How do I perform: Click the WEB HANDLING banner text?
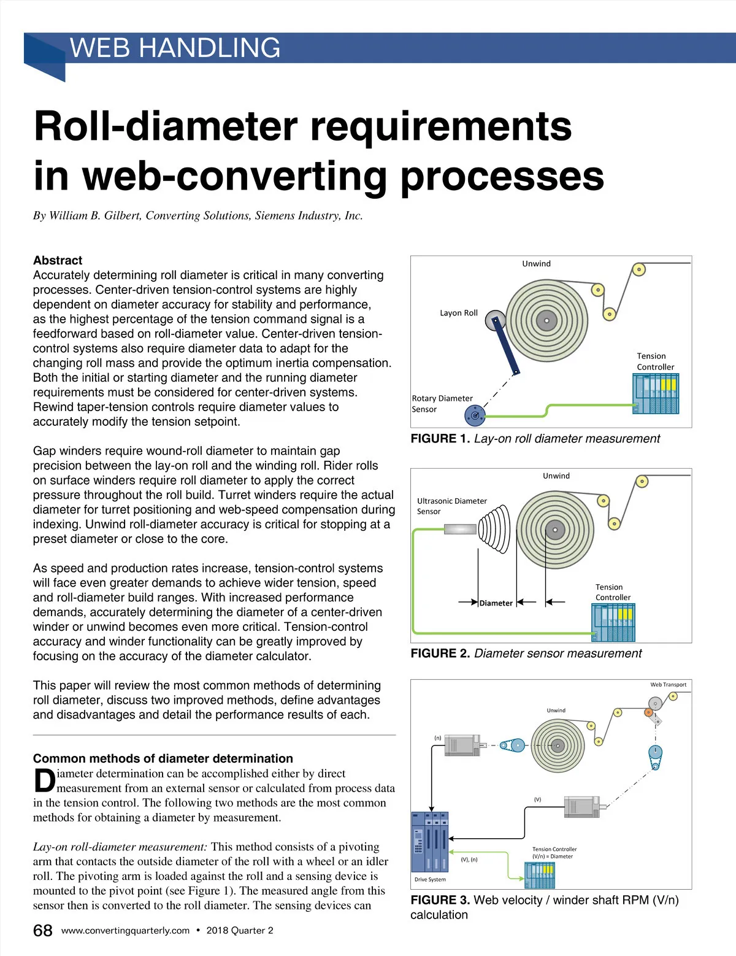pos(175,48)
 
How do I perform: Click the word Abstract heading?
pos(58,260)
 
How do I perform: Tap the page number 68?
pos(42,930)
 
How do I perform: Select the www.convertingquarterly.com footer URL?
pos(125,930)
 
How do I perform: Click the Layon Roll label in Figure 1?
pos(458,313)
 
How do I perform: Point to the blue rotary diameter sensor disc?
pos(475,416)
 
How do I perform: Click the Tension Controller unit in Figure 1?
pos(656,393)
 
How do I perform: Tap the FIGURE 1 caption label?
pos(440,439)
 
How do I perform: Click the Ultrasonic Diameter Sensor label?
pos(451,506)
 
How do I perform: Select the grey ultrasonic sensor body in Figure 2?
pos(460,529)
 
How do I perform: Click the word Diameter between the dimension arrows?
pos(496,603)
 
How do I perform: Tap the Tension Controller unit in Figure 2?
pos(613,622)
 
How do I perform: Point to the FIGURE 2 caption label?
pos(440,653)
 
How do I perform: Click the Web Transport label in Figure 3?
pos(668,685)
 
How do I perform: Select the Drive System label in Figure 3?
pos(430,879)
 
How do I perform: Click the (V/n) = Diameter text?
pos(552,857)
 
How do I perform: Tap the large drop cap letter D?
pos(44,781)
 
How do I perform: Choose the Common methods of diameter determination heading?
pos(163,758)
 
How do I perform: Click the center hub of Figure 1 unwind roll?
pos(546,320)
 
